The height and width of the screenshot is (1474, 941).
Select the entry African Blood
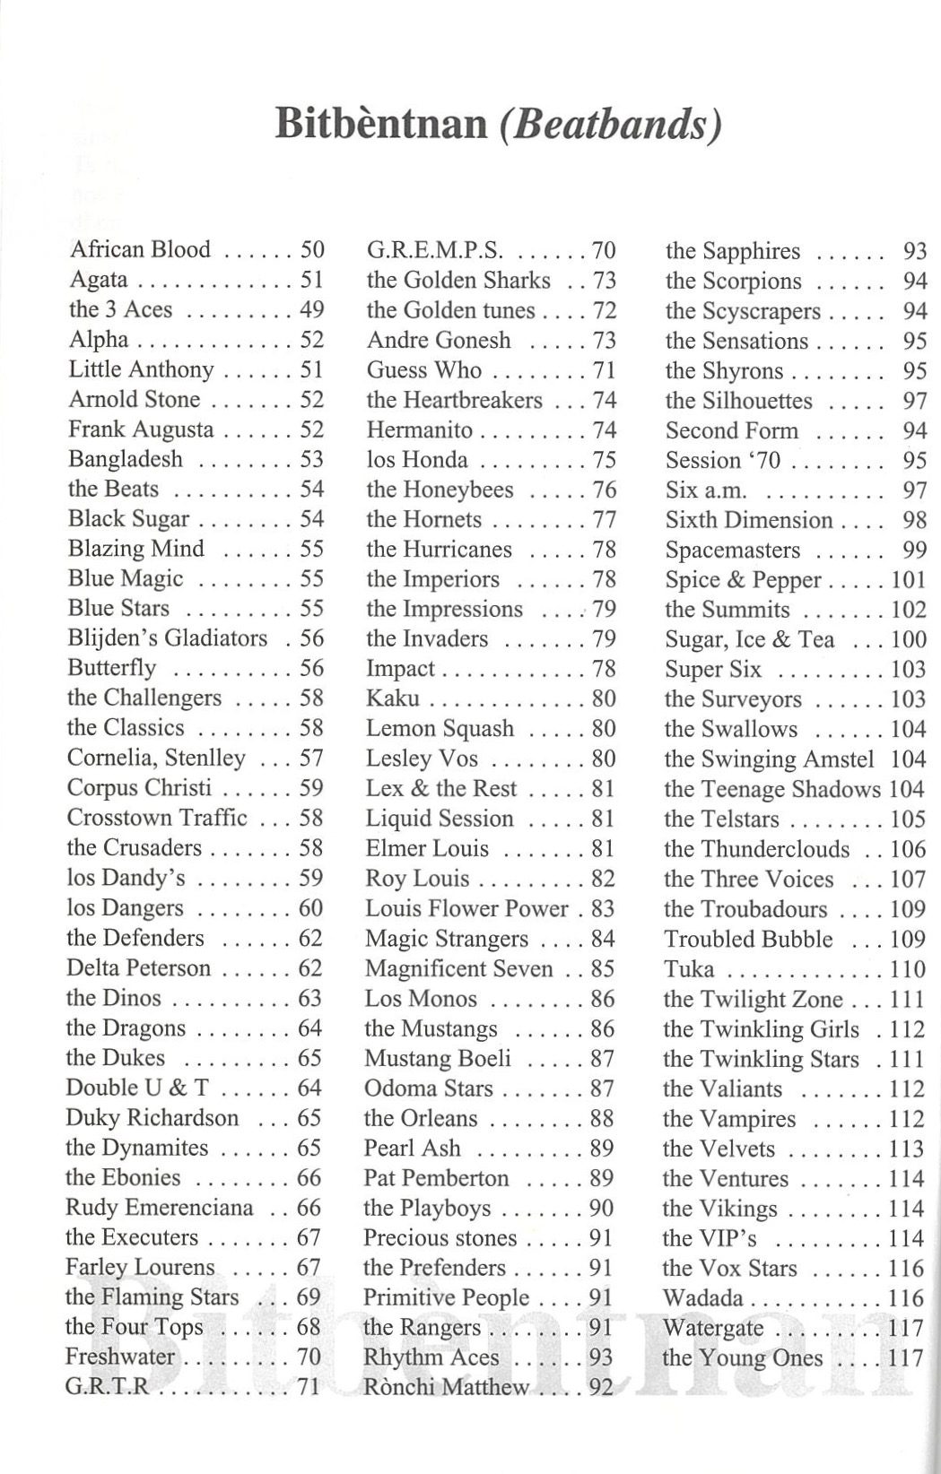coord(140,249)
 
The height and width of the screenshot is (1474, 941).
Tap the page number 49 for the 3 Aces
coord(311,309)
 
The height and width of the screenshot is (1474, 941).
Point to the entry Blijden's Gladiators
coord(167,638)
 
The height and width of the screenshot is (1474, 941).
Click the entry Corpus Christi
coord(139,787)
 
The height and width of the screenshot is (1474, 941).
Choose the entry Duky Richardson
coord(152,1118)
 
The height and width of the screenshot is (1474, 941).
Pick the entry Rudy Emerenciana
coord(160,1208)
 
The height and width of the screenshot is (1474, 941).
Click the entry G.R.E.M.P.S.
coord(435,250)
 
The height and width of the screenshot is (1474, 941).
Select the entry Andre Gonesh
coord(439,340)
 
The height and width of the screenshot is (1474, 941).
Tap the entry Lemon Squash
coord(440,728)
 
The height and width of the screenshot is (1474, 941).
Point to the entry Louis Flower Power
coord(466,908)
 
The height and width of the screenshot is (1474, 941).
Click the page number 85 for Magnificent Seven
coord(604,968)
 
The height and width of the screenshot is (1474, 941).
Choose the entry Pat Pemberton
coord(436,1178)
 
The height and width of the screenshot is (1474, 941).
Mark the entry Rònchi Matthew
coord(446,1388)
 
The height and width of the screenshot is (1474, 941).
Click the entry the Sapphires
coord(732,251)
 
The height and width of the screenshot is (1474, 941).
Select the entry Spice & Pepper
coord(743,580)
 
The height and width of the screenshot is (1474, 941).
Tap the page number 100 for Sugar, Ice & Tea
coord(908,639)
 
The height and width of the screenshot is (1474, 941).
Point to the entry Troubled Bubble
coord(748,940)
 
